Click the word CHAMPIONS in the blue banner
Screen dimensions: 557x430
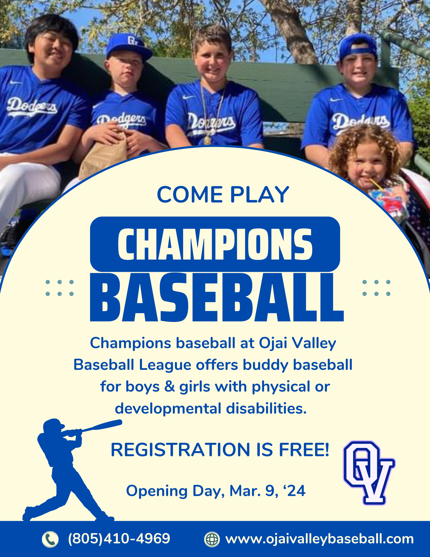pyautogui.click(x=215, y=245)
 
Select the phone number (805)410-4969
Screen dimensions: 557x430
pyautogui.click(x=119, y=538)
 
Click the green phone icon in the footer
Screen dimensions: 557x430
pyautogui.click(x=50, y=539)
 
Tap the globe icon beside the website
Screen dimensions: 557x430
pyautogui.click(x=212, y=539)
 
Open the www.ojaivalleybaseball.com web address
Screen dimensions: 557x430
pyautogui.click(x=319, y=539)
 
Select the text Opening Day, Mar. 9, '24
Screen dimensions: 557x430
pyautogui.click(x=216, y=491)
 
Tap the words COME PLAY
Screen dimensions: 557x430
pyautogui.click(x=223, y=194)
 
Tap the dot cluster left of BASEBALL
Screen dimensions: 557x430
pyautogui.click(x=60, y=288)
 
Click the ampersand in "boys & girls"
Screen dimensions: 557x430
pyautogui.click(x=169, y=387)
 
